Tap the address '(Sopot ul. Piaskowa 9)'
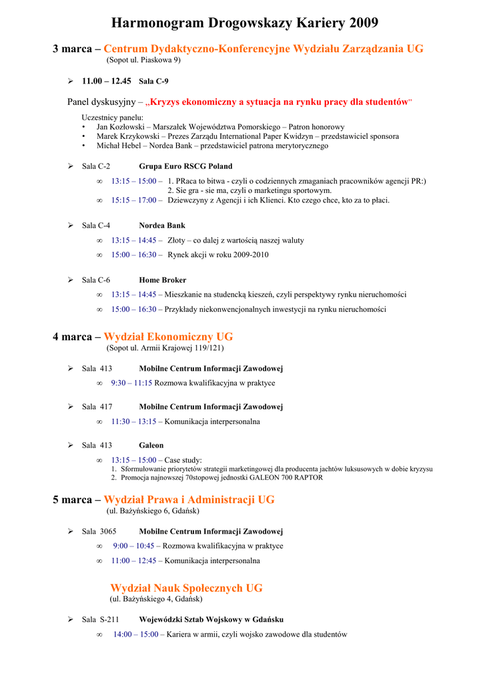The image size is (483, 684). (x=143, y=60)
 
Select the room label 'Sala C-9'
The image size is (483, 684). (x=153, y=81)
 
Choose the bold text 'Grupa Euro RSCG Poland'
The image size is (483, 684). (x=185, y=166)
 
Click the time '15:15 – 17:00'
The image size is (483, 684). (x=134, y=200)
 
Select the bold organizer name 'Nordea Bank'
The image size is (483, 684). (x=162, y=226)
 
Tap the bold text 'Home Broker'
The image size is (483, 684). (x=163, y=280)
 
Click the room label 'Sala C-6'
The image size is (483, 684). (x=96, y=280)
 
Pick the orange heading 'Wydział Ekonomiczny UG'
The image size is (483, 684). (x=168, y=337)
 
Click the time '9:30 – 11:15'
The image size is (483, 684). (x=131, y=383)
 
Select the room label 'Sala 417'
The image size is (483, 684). (x=97, y=406)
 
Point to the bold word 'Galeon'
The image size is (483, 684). (x=151, y=445)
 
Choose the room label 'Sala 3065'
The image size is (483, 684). (x=99, y=531)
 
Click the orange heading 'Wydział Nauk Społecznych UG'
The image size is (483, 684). (x=186, y=588)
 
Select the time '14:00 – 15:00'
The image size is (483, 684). (x=135, y=634)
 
